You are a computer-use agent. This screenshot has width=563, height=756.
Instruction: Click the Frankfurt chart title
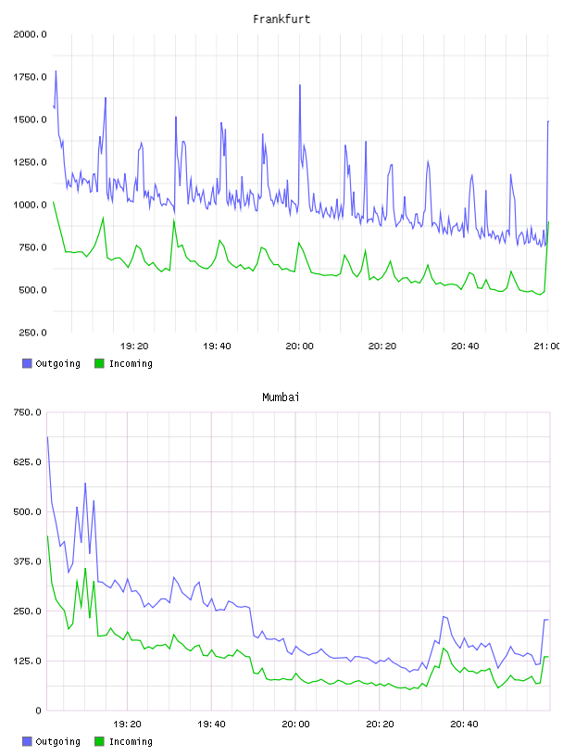(281, 19)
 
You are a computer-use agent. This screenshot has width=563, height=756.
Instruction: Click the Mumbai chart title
(281, 397)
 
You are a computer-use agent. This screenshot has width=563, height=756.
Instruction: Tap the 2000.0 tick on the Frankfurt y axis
(30, 34)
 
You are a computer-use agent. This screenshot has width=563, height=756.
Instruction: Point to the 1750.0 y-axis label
(30, 77)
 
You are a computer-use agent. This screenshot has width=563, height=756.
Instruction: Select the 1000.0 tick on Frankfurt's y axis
(30, 205)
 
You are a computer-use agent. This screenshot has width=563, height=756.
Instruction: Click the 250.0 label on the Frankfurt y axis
(32, 333)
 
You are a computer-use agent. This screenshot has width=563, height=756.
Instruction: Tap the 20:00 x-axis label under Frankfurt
(299, 346)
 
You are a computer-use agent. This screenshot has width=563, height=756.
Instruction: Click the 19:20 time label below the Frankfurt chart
(134, 346)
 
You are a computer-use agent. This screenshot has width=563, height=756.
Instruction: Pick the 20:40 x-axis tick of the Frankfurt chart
(465, 346)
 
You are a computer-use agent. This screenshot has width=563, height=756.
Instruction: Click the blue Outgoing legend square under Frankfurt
(27, 363)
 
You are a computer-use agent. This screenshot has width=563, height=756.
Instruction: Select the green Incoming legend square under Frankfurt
(99, 363)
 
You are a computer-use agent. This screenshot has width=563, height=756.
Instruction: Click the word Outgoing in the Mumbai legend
(57, 741)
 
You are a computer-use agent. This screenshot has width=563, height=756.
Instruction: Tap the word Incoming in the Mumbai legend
(131, 741)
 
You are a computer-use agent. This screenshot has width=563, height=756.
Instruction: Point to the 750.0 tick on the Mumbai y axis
(28, 412)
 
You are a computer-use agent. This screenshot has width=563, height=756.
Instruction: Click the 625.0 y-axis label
(28, 462)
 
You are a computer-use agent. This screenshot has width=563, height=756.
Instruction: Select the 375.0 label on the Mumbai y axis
(28, 561)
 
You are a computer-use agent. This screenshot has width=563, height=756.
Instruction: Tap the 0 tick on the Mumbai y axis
(38, 711)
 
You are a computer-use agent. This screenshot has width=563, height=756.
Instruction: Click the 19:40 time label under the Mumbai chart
(211, 724)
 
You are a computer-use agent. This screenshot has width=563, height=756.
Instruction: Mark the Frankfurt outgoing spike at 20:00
(300, 85)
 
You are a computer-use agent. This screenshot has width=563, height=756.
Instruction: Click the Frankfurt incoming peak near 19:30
(174, 220)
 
